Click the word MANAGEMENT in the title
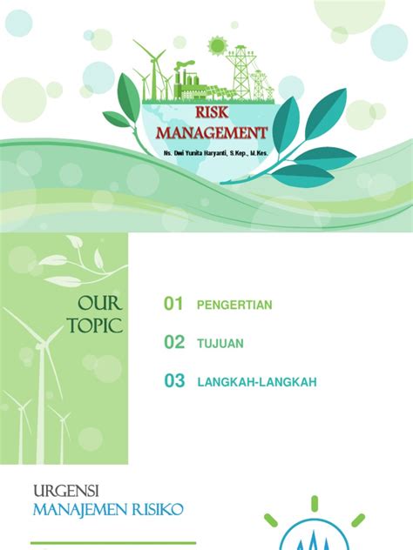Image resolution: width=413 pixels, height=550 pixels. pyautogui.click(x=212, y=133)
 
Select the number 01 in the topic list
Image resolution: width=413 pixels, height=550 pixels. pyautogui.click(x=174, y=304)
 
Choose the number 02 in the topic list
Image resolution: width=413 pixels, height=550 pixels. pyautogui.click(x=174, y=343)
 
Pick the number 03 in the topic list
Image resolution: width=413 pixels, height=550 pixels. pyautogui.click(x=174, y=381)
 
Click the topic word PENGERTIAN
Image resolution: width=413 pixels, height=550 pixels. pyautogui.click(x=235, y=305)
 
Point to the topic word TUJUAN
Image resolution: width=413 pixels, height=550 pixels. pyautogui.click(x=220, y=344)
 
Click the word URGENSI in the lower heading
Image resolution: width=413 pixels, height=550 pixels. pyautogui.click(x=63, y=492)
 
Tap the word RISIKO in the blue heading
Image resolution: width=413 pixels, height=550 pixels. pyautogui.click(x=157, y=510)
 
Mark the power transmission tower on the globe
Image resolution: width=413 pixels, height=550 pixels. pyautogui.click(x=240, y=70)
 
